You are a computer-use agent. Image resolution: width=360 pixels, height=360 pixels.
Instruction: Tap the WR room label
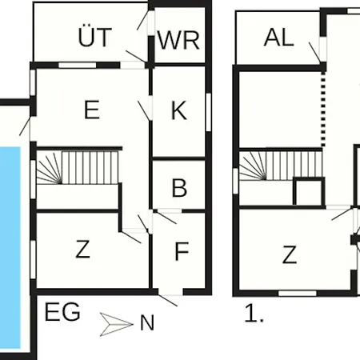(x=178, y=40)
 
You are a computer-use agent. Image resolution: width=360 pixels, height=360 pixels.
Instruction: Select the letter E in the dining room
(x=92, y=110)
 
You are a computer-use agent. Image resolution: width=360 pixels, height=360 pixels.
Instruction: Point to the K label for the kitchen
(x=178, y=110)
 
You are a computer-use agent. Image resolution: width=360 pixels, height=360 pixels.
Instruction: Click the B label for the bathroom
(x=179, y=188)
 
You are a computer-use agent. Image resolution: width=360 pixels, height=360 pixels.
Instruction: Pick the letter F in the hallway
(x=182, y=251)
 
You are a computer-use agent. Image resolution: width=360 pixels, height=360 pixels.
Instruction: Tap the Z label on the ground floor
(x=82, y=249)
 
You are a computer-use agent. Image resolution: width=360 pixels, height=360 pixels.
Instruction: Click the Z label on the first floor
(x=290, y=254)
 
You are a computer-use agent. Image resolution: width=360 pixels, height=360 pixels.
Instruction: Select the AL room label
(x=279, y=38)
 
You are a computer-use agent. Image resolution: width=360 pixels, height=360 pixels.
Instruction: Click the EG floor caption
(x=62, y=312)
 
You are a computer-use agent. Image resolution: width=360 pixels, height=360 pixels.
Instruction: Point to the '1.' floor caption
(x=254, y=314)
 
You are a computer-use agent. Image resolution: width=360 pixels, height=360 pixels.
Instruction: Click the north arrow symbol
(x=116, y=324)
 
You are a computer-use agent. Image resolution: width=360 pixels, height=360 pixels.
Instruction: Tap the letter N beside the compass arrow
(x=147, y=323)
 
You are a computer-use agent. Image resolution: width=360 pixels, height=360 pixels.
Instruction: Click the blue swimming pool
(x=10, y=247)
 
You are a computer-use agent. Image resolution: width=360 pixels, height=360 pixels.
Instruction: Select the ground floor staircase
(x=78, y=168)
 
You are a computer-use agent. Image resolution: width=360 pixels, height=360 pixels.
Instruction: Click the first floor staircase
(x=281, y=166)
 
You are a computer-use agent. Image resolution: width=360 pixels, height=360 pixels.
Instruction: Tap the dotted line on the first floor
(x=323, y=109)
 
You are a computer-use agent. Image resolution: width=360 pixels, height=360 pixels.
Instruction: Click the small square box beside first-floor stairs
(x=309, y=192)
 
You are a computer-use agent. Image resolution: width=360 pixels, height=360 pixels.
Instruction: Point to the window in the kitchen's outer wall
(x=208, y=112)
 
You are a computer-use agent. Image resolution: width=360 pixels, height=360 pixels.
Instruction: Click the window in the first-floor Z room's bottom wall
(x=298, y=294)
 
